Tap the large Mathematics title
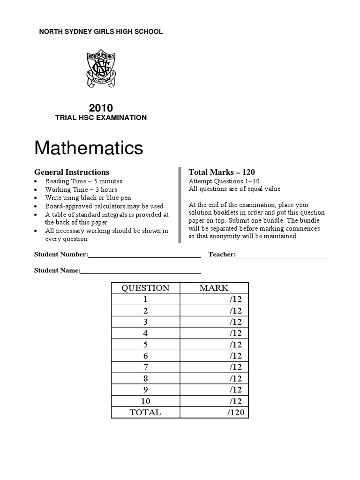tap(89, 148)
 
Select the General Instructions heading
tap(72, 172)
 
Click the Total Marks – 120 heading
tap(221, 172)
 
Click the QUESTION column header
tap(145, 288)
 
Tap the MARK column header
tap(214, 288)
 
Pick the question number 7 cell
tap(145, 367)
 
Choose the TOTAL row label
tap(145, 412)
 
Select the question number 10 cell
tap(145, 401)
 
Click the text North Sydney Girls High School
tap(100, 32)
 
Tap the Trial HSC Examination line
tap(101, 118)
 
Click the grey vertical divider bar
tap(180, 205)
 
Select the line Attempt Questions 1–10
tap(224, 181)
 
